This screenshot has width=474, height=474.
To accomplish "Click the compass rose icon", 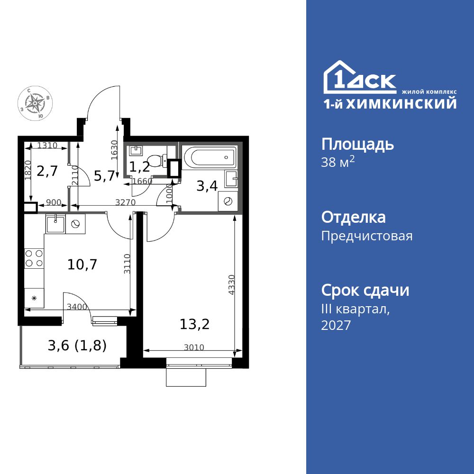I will pyautogui.click(x=35, y=102).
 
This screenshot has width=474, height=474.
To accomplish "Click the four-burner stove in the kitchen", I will pyautogui.click(x=34, y=258).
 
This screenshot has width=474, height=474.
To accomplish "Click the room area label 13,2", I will pyautogui.click(x=194, y=324).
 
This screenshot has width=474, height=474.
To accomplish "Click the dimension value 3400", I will pyautogui.click(x=77, y=307).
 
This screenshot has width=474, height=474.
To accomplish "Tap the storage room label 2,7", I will pyautogui.click(x=47, y=171).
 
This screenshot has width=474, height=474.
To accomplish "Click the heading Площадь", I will pyautogui.click(x=357, y=144).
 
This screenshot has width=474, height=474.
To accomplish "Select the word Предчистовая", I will pyautogui.click(x=367, y=236).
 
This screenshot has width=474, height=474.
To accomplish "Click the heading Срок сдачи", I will pyautogui.click(x=365, y=290).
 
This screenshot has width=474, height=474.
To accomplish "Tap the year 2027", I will pyautogui.click(x=336, y=325).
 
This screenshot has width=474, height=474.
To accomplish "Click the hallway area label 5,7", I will pyautogui.click(x=104, y=176).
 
